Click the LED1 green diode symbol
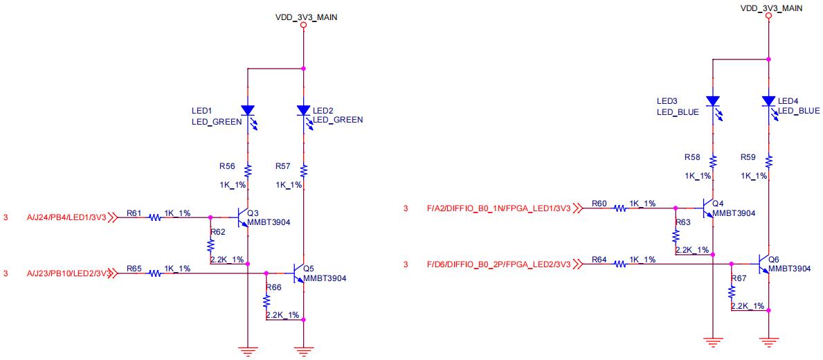tap(248, 111)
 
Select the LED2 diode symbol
tap(303, 111)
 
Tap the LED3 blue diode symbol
tap(712, 101)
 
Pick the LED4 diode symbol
tap(768, 101)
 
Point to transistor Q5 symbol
tap(299, 273)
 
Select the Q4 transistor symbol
tap(708, 207)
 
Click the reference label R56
tap(227, 167)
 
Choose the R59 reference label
tap(748, 157)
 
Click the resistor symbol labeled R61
tap(154, 217)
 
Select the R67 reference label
tap(739, 278)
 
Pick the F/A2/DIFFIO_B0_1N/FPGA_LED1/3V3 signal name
tap(498, 207)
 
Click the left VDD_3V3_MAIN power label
tap(306, 17)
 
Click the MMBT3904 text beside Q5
tap(325, 278)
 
